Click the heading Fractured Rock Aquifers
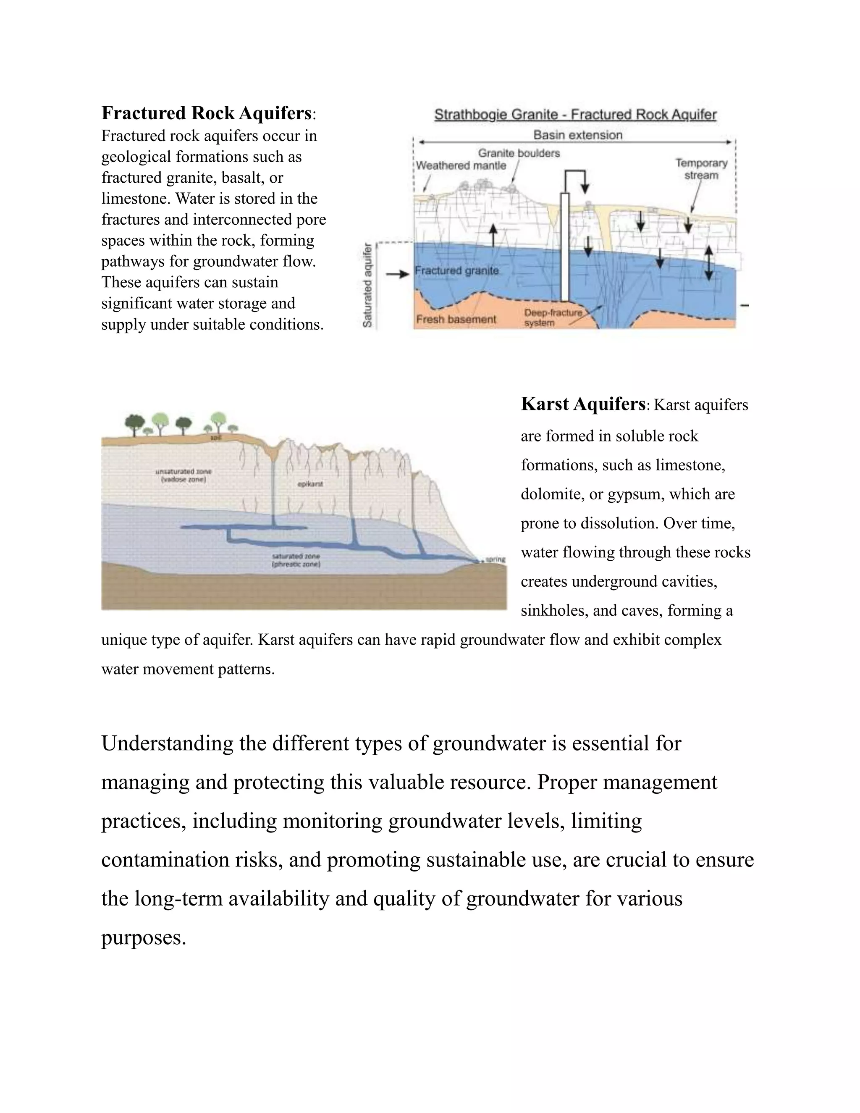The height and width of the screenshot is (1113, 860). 206,113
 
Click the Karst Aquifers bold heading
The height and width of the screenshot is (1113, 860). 583,404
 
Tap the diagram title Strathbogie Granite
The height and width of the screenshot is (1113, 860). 575,115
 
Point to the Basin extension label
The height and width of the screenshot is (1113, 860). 577,135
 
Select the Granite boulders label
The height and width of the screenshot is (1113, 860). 519,153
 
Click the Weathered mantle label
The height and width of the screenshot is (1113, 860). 461,165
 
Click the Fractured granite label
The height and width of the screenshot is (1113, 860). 456,270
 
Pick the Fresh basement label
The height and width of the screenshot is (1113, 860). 456,320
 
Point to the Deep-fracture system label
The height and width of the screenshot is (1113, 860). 552,318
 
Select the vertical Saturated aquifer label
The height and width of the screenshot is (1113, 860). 367,285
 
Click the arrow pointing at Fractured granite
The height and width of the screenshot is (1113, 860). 397,275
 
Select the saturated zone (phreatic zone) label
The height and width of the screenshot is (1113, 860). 296,561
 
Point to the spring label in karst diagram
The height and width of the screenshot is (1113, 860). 495,559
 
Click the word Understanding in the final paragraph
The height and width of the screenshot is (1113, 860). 167,743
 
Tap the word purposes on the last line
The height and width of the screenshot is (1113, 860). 143,937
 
